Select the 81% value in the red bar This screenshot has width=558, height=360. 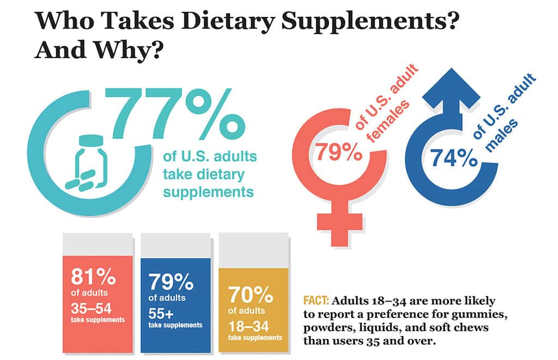(x=93, y=276)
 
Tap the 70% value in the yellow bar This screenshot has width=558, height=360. (x=250, y=296)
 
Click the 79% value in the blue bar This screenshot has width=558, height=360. (x=171, y=283)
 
